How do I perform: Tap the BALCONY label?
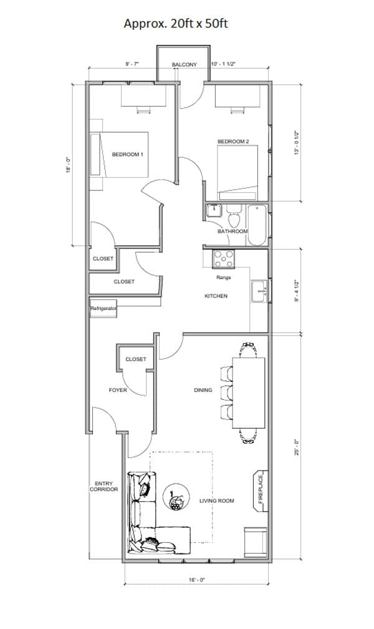coord(184,64)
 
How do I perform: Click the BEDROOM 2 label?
coord(233,142)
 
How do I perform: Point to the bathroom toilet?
coord(234,218)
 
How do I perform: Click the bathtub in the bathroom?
coord(257,224)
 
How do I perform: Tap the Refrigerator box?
coord(103,308)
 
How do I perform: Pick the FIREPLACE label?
coord(261,487)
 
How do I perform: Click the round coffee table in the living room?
coord(176,500)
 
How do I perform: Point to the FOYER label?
coord(118,390)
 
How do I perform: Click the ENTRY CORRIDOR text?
coord(103,486)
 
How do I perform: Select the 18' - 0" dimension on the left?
coord(70,165)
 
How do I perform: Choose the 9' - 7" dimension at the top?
coord(132,64)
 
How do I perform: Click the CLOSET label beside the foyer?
coord(136,359)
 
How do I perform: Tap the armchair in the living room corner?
coord(255,540)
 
